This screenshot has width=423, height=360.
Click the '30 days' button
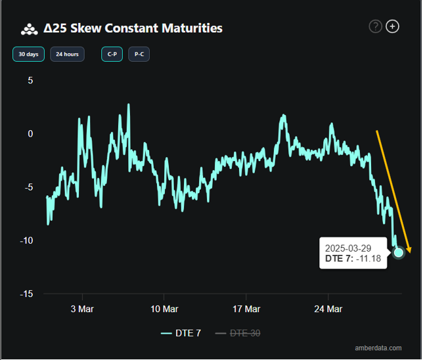tap(28, 54)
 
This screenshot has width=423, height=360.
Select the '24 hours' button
tap(67, 54)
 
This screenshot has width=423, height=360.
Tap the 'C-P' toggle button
tap(112, 54)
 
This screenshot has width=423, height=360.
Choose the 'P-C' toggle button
tap(139, 54)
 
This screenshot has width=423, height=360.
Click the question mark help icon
tap(376, 26)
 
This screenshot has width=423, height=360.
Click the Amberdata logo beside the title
tap(30, 29)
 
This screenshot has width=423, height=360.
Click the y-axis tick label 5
tap(30, 80)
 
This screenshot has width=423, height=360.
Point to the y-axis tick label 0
tap(30, 133)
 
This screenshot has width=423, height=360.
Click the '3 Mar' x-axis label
tap(81, 309)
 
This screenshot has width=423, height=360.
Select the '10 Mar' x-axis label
tap(164, 309)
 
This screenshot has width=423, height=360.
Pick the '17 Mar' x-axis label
tap(246, 309)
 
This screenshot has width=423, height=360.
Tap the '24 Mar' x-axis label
tap(328, 309)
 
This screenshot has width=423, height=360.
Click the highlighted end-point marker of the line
tap(399, 252)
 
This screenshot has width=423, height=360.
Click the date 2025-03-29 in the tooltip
tap(348, 248)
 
